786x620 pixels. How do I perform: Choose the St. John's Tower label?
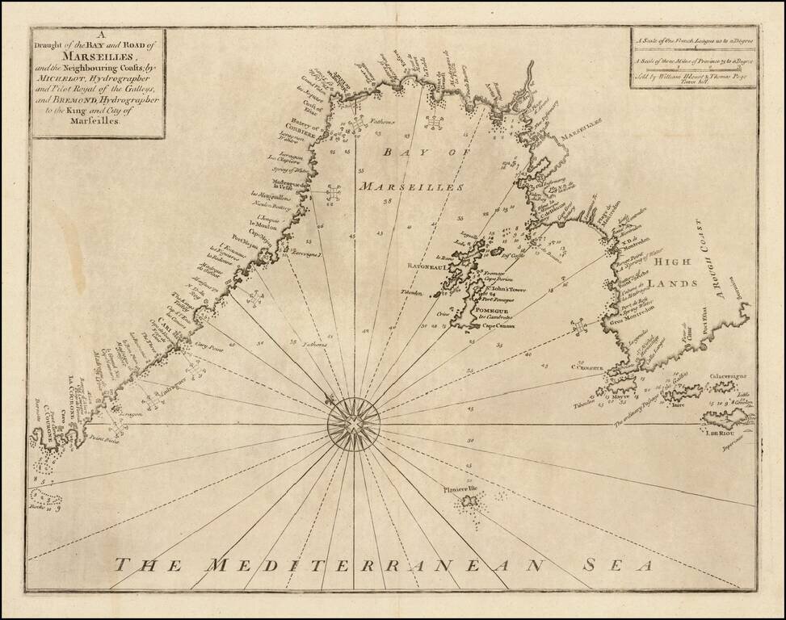click(x=504, y=288)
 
